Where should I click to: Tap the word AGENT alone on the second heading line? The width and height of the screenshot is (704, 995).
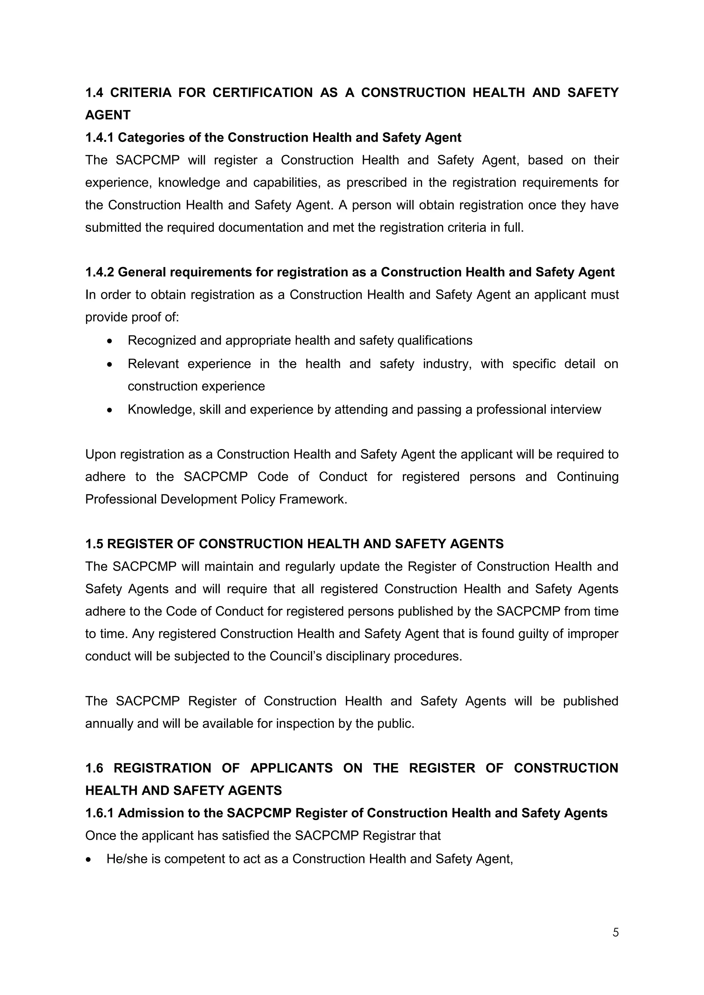pyautogui.click(x=108, y=115)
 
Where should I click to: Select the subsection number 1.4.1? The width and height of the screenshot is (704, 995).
pyautogui.click(x=99, y=138)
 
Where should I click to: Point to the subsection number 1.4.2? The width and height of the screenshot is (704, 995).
pyautogui.click(x=99, y=272)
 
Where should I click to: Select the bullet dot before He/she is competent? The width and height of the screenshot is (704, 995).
pyautogui.click(x=89, y=860)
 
